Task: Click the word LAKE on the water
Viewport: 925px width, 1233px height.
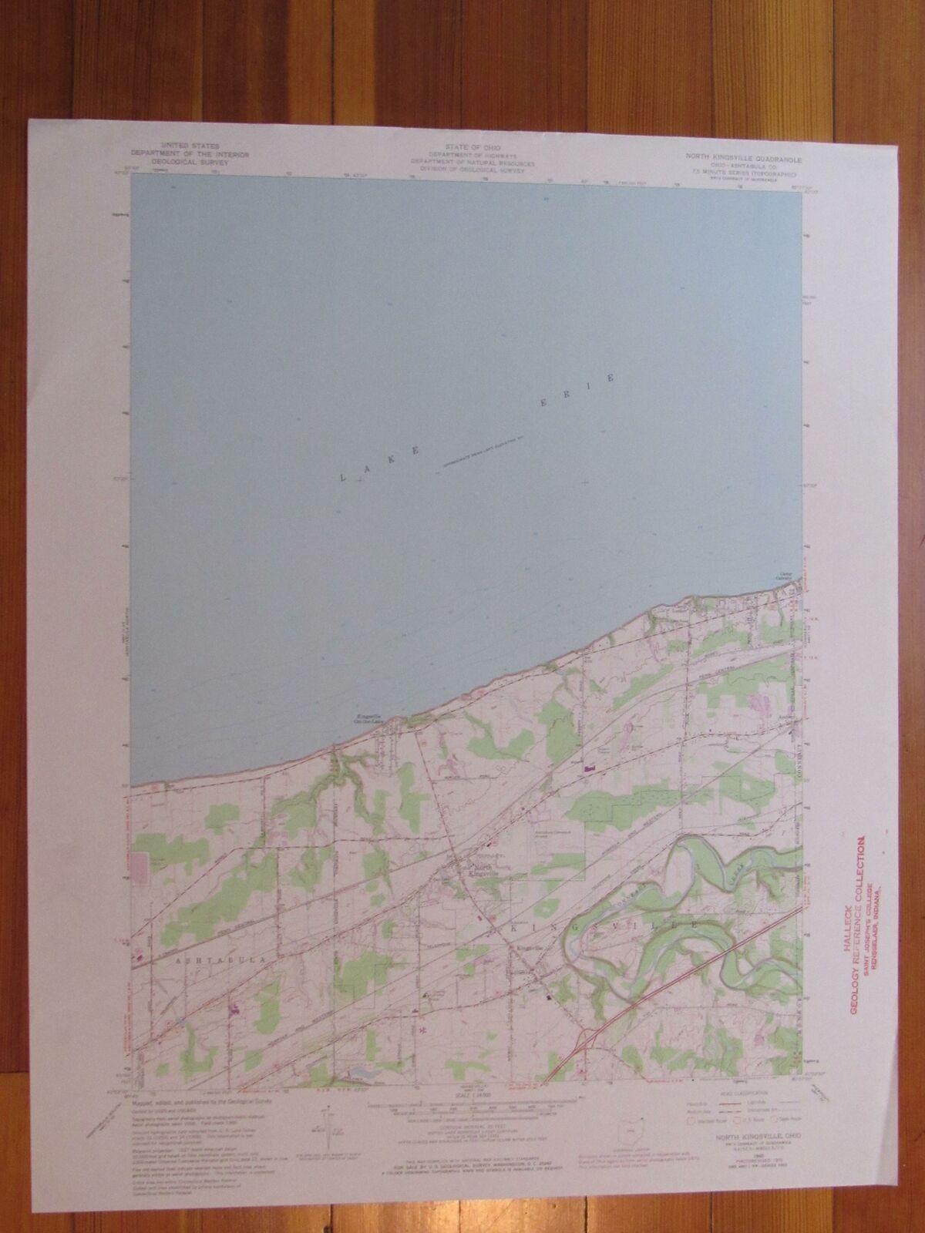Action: point(378,468)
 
